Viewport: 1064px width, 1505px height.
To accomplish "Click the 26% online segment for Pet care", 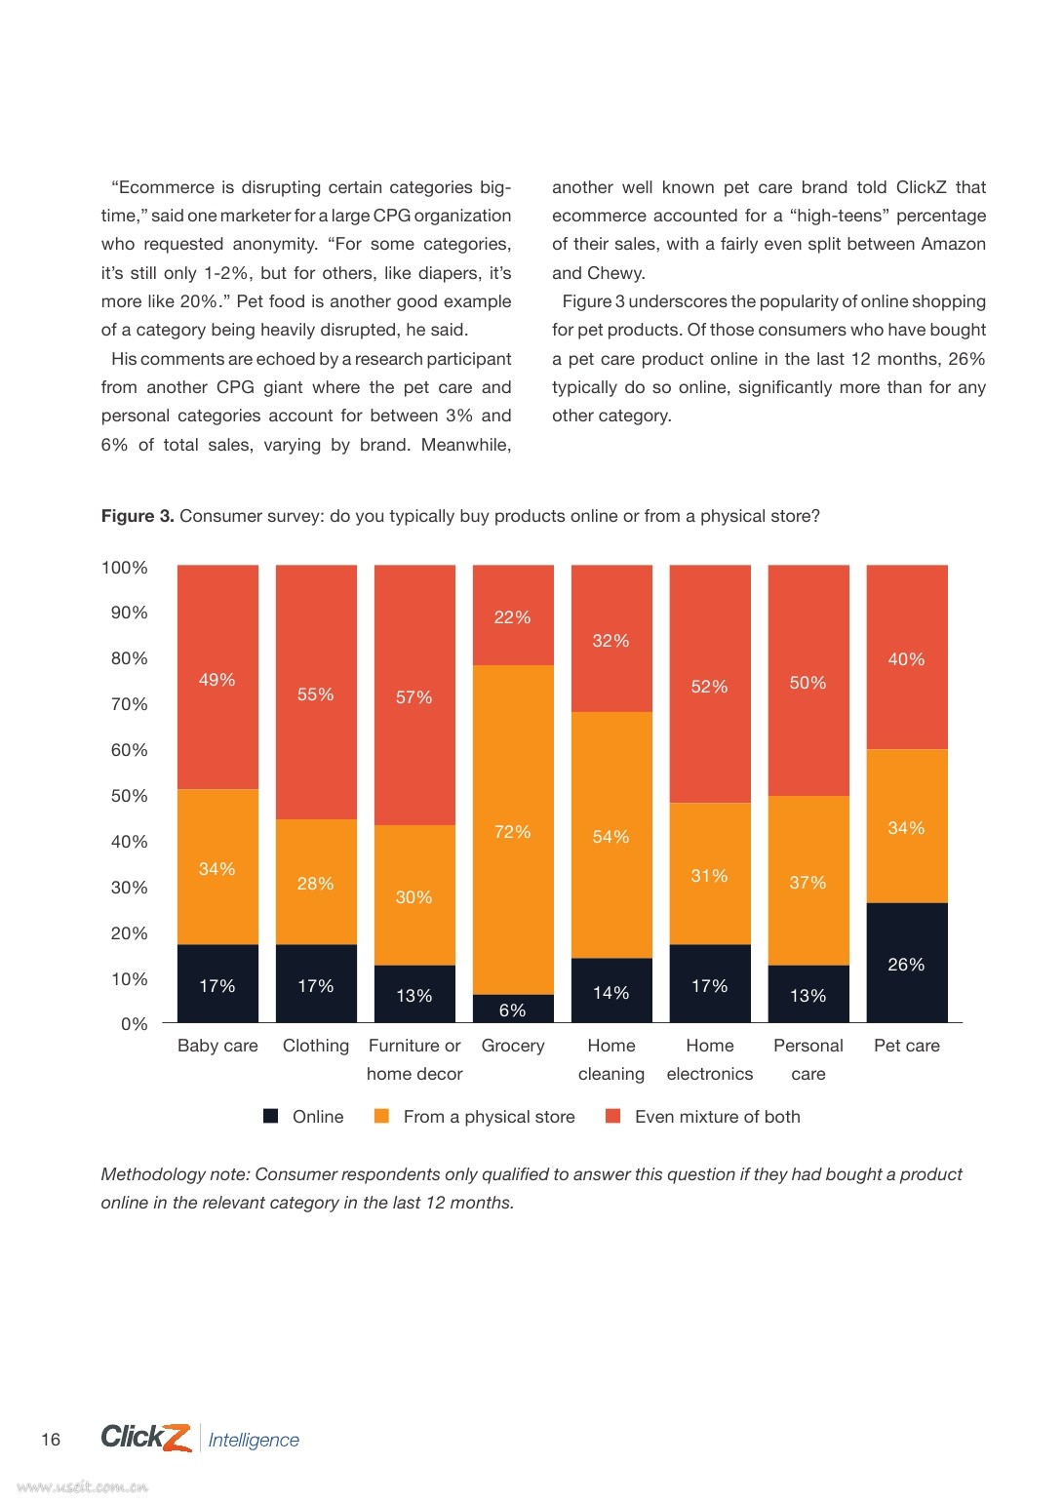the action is (x=907, y=962).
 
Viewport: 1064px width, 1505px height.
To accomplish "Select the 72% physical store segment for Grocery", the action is (x=513, y=830).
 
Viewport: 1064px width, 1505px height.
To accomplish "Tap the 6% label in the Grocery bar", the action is (x=513, y=1010).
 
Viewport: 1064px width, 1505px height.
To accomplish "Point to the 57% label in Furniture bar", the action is (x=414, y=696).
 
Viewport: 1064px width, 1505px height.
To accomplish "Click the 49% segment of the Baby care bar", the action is (x=217, y=677).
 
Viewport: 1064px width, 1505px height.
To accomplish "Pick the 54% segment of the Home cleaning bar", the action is (x=611, y=835).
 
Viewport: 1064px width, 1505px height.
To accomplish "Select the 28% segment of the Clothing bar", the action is (x=316, y=882).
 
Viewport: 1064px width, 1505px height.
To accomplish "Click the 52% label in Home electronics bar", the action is (x=709, y=686).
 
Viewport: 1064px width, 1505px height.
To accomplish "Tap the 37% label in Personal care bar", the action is (x=808, y=882).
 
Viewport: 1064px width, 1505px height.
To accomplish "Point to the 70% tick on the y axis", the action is (x=129, y=703).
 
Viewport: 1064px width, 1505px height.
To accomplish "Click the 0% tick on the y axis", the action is (x=134, y=1024).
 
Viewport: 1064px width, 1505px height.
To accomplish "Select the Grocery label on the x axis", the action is (x=513, y=1046).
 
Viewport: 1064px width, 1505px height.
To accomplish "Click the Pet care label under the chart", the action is (x=907, y=1046).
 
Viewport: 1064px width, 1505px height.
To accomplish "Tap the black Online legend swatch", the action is (x=270, y=1116).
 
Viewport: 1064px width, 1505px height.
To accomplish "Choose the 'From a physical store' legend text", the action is (x=489, y=1117).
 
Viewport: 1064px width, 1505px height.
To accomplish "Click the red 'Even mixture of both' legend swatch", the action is (x=612, y=1116).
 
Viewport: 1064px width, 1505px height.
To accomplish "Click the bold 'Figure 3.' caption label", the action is (x=138, y=516).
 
